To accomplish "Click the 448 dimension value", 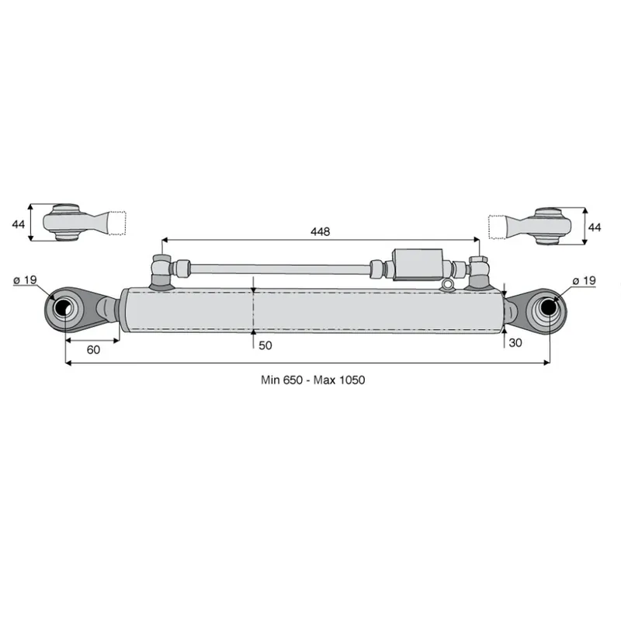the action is point(320,231).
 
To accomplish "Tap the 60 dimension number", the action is point(93,350).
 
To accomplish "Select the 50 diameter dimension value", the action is point(265,345).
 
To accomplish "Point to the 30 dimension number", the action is point(515,343).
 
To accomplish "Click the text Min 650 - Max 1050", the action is point(313,380).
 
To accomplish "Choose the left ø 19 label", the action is point(25,280).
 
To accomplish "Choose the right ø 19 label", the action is point(585,281).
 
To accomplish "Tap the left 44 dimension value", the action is point(18,224).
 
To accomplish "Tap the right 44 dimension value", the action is point(595,227).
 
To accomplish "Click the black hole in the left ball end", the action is point(62,307).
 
